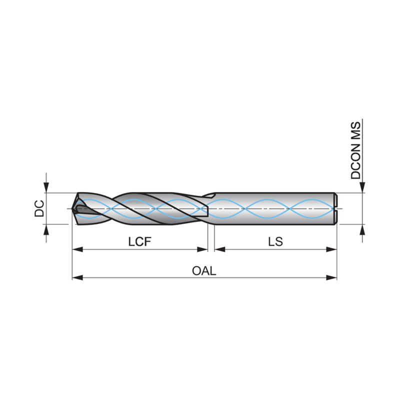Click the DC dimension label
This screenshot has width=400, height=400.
click(x=39, y=208)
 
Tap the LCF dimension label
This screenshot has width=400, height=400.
click(x=140, y=241)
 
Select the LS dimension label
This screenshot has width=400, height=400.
click(x=275, y=241)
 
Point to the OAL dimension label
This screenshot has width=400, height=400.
click(x=204, y=270)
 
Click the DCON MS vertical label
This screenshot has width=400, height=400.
click(x=356, y=150)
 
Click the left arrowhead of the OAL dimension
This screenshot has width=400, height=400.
click(x=77, y=277)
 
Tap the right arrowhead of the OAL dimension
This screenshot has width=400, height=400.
click(x=331, y=277)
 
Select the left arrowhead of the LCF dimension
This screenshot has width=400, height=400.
click(x=77, y=249)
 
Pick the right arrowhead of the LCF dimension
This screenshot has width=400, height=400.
click(x=202, y=249)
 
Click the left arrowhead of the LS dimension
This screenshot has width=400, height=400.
click(x=219, y=249)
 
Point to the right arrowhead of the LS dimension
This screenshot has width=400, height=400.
click(x=331, y=249)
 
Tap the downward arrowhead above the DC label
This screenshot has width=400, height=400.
click(x=46, y=187)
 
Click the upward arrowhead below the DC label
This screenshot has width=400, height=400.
click(x=46, y=230)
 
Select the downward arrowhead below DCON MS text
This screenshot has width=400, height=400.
click(x=362, y=187)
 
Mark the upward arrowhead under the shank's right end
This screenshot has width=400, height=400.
click(x=362, y=230)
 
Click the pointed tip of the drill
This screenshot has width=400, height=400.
click(x=72, y=208)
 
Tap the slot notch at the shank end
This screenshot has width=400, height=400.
click(x=335, y=208)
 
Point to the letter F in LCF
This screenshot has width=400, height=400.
click(x=148, y=241)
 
